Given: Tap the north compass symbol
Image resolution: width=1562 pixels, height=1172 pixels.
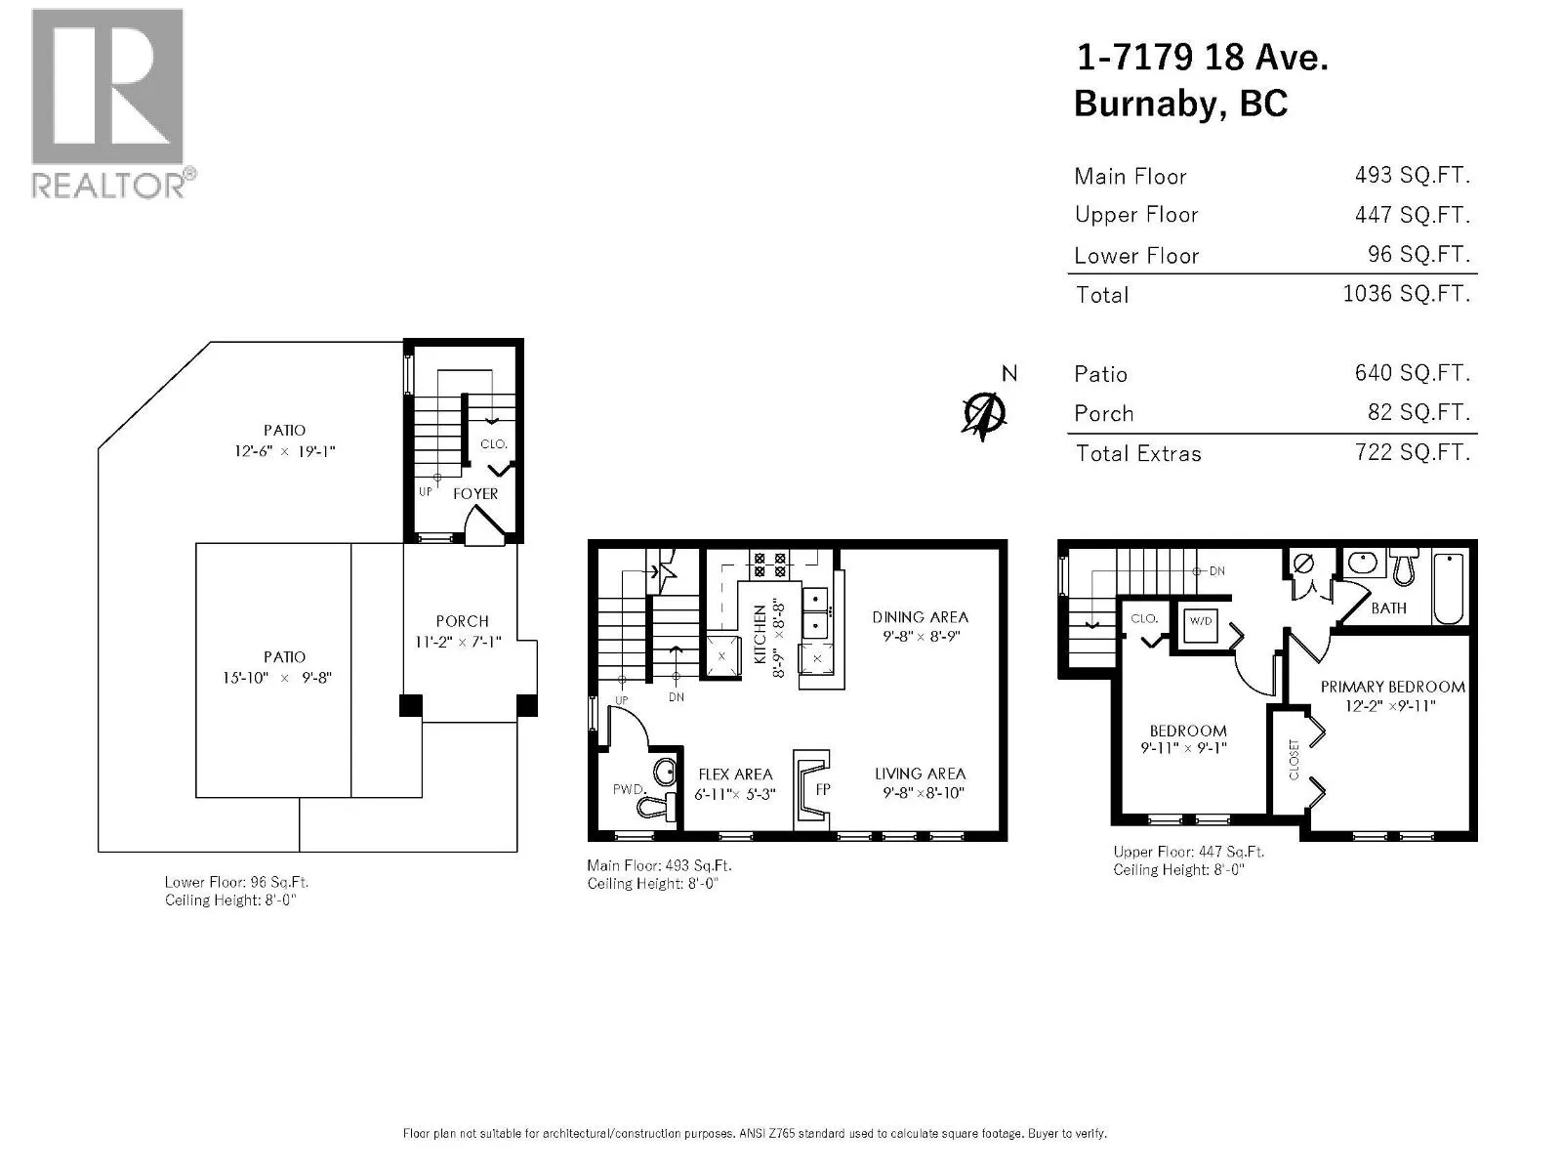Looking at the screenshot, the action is tap(984, 414).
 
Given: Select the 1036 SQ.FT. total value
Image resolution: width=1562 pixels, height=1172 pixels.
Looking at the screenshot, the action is tap(1406, 293).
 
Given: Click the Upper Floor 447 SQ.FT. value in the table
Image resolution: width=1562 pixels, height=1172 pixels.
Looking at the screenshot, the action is tap(1412, 214).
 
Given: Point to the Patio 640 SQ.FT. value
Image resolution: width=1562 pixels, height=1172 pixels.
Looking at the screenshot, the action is tap(1412, 373).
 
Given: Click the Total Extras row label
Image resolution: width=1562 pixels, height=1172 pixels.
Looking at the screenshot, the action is tap(1138, 453).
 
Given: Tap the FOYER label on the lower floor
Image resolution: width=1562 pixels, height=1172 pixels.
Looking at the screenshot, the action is tap(475, 493).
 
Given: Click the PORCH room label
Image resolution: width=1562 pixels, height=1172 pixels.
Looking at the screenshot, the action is tap(462, 620).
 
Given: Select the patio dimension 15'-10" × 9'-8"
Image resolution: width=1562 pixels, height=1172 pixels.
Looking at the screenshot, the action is tap(277, 678).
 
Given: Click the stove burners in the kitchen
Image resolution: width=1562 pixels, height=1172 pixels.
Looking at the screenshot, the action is tap(769, 565).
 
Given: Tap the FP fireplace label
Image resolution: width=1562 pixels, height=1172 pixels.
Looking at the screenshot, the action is tap(823, 788).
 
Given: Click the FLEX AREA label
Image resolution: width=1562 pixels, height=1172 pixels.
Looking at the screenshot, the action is tap(735, 774).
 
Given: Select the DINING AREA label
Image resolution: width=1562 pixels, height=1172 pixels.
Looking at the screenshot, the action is tap(921, 617).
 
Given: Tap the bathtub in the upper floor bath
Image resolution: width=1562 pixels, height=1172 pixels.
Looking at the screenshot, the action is tap(1448, 589).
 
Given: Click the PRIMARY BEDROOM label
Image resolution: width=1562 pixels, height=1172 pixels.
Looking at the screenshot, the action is tap(1393, 687).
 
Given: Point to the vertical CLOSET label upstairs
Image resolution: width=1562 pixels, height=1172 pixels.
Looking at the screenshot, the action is tap(1294, 759).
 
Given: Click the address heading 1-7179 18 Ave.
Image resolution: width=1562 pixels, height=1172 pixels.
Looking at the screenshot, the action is tap(1203, 57).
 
